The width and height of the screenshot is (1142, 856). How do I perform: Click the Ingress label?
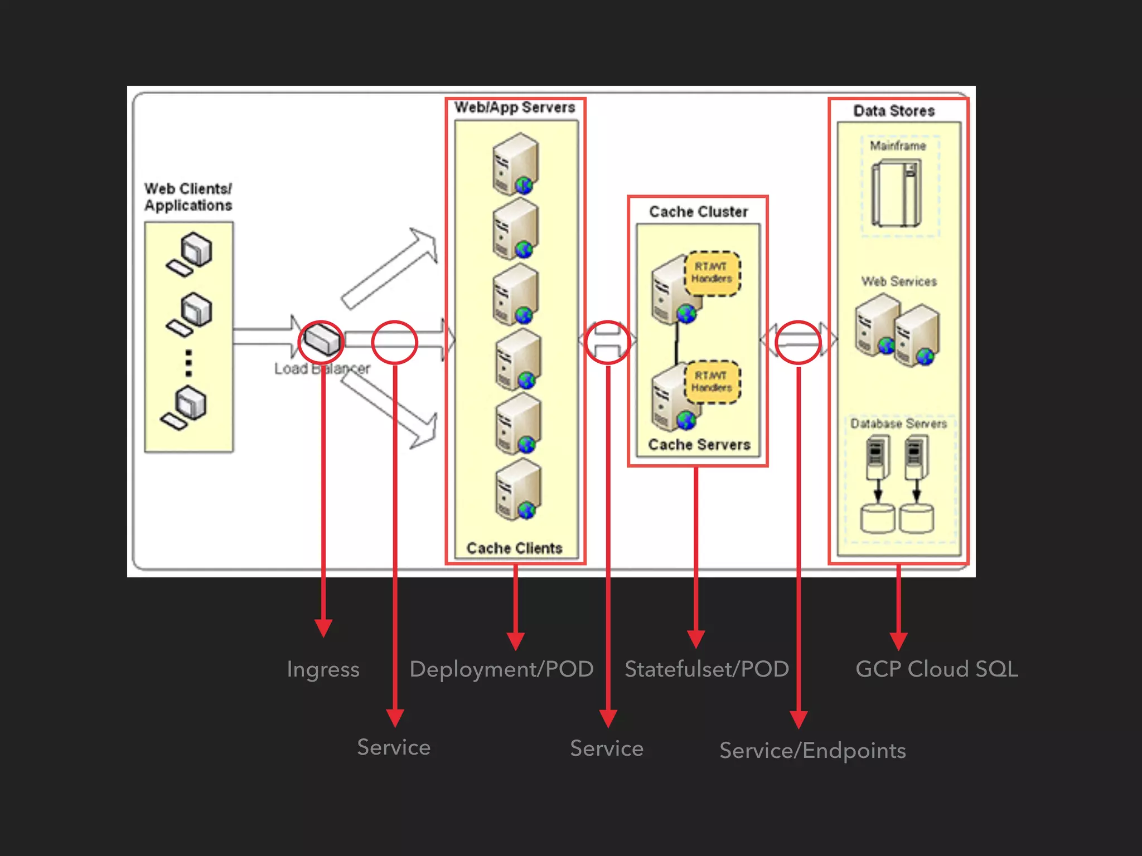coord(323,669)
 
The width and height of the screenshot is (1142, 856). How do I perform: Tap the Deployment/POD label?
coord(501,669)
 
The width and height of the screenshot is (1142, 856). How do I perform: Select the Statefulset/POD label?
coord(707,669)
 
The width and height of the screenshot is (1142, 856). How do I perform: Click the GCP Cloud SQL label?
coord(936,669)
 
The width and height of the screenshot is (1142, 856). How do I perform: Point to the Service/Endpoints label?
coord(812,751)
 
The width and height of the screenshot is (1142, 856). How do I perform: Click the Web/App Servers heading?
coord(514,108)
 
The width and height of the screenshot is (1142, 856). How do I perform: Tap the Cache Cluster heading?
coord(698,212)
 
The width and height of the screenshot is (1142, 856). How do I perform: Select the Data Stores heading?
coord(894,111)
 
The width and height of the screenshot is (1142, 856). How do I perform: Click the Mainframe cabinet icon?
coord(897,193)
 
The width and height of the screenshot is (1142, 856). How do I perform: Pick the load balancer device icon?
coord(322,339)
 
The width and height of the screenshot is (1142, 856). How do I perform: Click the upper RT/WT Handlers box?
coord(712,273)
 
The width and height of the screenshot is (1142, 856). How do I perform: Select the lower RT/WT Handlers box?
coord(712,382)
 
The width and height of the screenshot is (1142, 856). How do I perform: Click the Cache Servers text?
coord(699,445)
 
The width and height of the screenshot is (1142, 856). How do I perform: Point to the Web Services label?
coord(898,281)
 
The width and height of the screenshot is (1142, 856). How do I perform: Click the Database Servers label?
coord(898,424)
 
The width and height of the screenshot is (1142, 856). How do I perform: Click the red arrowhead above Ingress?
coord(323,628)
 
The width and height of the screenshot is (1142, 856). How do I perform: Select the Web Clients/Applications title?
coord(188,197)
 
